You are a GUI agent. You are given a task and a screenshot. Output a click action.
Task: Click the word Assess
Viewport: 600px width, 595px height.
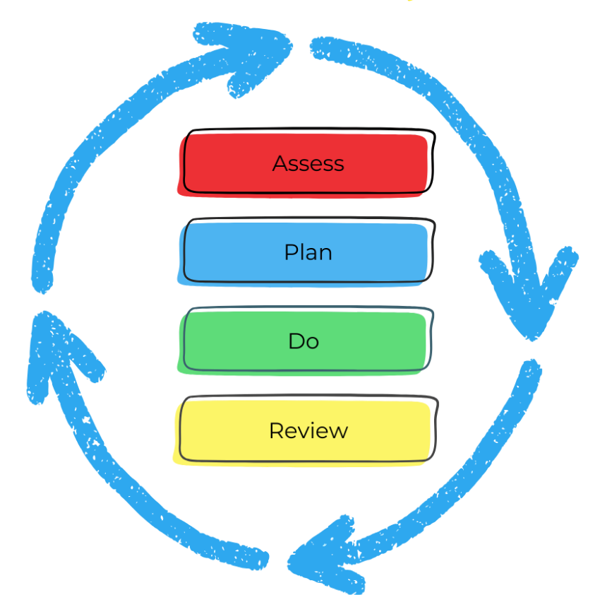[308, 163]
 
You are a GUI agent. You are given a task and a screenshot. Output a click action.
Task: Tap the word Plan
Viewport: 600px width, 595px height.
[308, 252]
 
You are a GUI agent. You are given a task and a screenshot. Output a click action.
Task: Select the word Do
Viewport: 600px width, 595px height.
[304, 341]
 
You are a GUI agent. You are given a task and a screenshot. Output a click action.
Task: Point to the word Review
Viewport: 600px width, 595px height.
[308, 430]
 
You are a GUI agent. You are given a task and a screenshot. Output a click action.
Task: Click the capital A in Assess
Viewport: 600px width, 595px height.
[280, 163]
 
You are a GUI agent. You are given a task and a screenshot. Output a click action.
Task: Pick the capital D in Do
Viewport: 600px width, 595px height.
[296, 341]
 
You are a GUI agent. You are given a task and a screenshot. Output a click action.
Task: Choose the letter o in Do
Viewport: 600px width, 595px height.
[313, 343]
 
